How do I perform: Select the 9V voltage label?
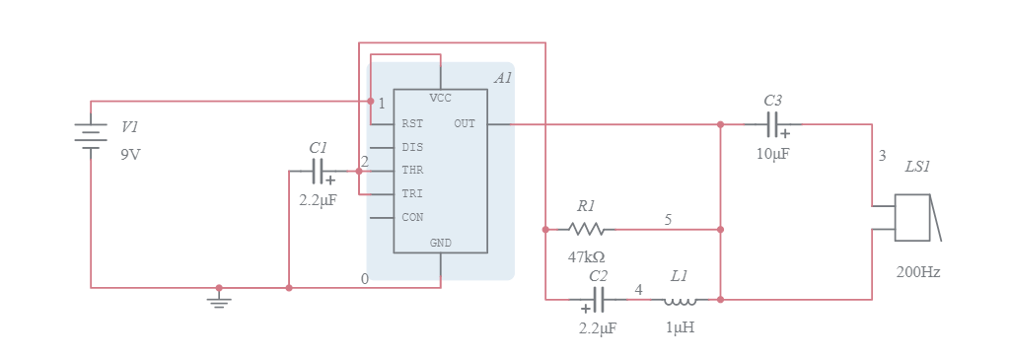(x=130, y=155)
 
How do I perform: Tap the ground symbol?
(x=219, y=297)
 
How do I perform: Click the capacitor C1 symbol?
(x=318, y=173)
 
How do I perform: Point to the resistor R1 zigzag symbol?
(x=586, y=229)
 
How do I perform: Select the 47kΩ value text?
(x=586, y=256)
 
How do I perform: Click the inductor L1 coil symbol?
(x=681, y=300)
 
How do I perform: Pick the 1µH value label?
(x=680, y=327)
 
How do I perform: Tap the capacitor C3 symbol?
(x=774, y=124)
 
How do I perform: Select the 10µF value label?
(x=773, y=154)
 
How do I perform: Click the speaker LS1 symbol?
(x=915, y=218)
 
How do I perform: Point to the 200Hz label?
(x=917, y=272)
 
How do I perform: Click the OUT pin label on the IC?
(x=465, y=124)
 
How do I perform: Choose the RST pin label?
(x=412, y=124)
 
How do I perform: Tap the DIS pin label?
(x=412, y=147)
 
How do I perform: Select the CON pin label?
(x=412, y=217)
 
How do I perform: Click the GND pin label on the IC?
(x=440, y=243)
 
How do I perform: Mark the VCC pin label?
(x=440, y=99)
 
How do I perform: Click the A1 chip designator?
(x=503, y=78)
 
